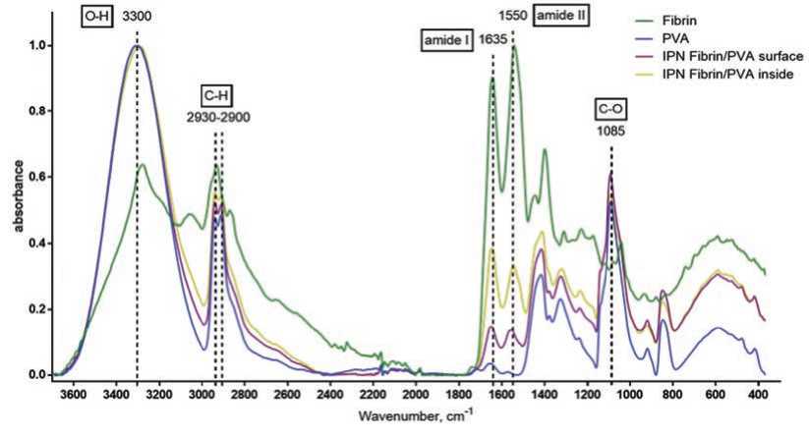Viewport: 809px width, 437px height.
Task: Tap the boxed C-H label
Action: [218, 95]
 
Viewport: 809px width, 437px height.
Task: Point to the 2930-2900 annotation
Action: [218, 117]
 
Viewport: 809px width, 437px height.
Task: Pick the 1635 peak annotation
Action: [491, 40]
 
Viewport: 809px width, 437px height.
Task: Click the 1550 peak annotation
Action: [512, 17]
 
